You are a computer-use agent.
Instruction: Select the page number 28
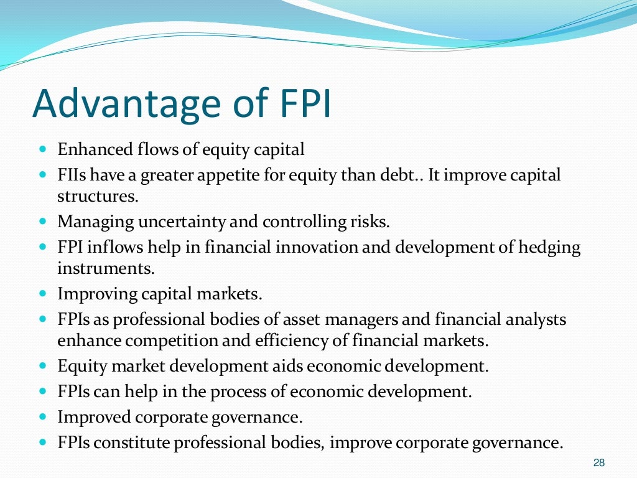tap(599, 462)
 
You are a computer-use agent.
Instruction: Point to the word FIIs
tap(72, 176)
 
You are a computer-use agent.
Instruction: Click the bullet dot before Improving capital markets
tap(42, 291)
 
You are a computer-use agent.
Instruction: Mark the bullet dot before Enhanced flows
tap(42, 150)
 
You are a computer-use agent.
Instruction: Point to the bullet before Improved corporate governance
tap(42, 416)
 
